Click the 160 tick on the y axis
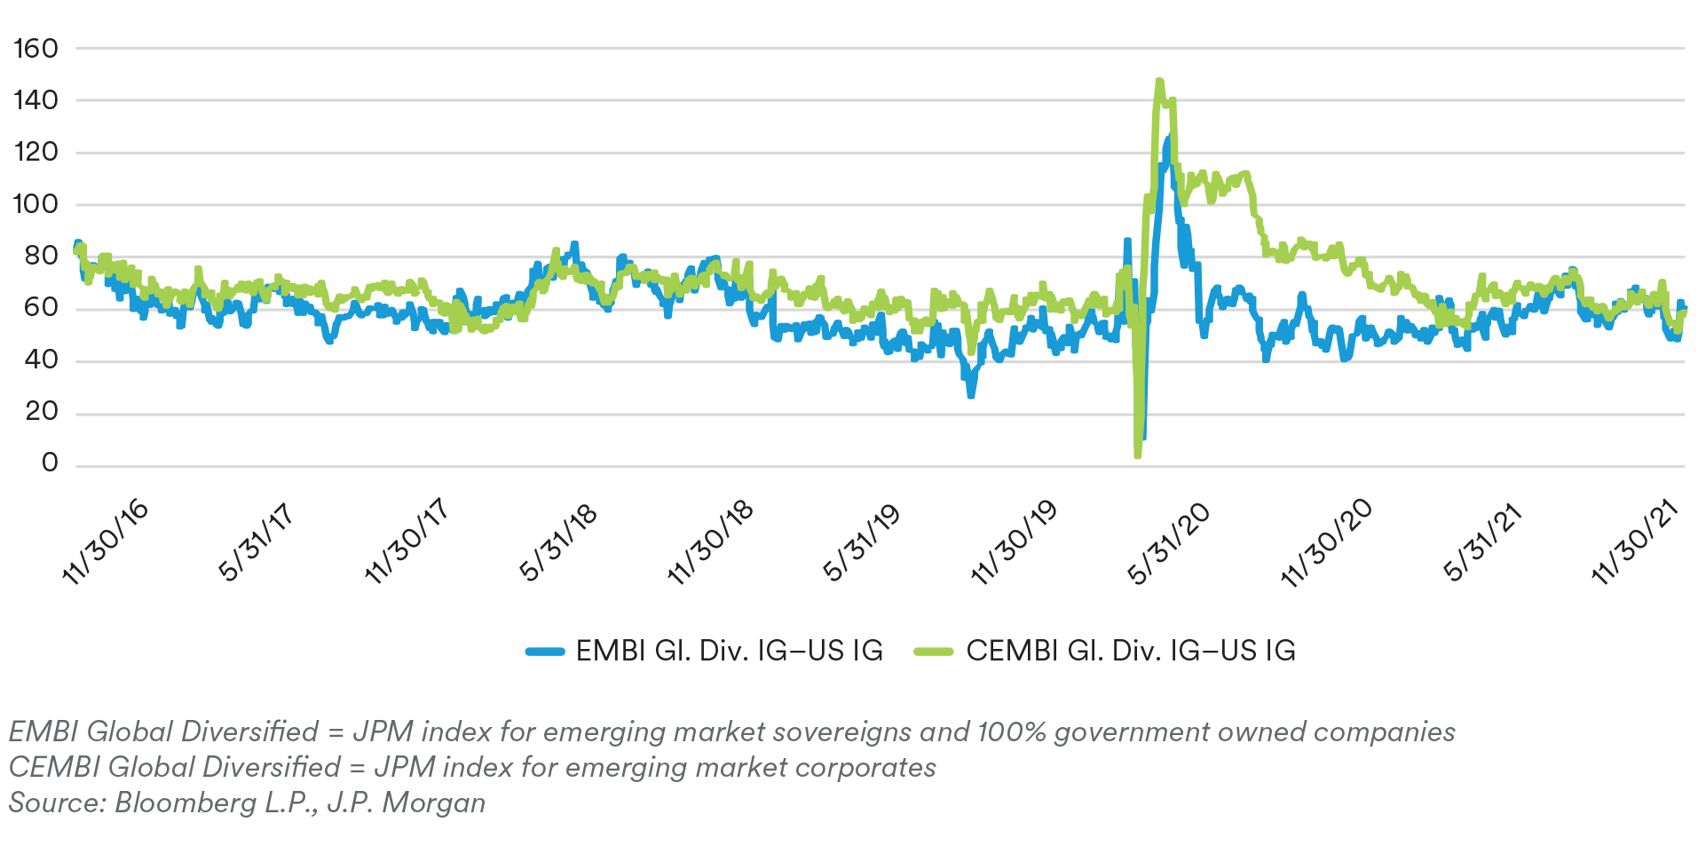(x=36, y=49)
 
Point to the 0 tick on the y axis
(x=50, y=463)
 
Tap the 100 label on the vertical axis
(x=36, y=204)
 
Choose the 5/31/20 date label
(x=1167, y=542)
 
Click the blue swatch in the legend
(x=545, y=652)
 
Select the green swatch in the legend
(x=934, y=652)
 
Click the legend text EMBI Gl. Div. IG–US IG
(x=729, y=651)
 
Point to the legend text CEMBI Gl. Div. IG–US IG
(x=1130, y=651)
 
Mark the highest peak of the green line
(x=1159, y=82)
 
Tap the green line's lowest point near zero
(x=1137, y=455)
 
